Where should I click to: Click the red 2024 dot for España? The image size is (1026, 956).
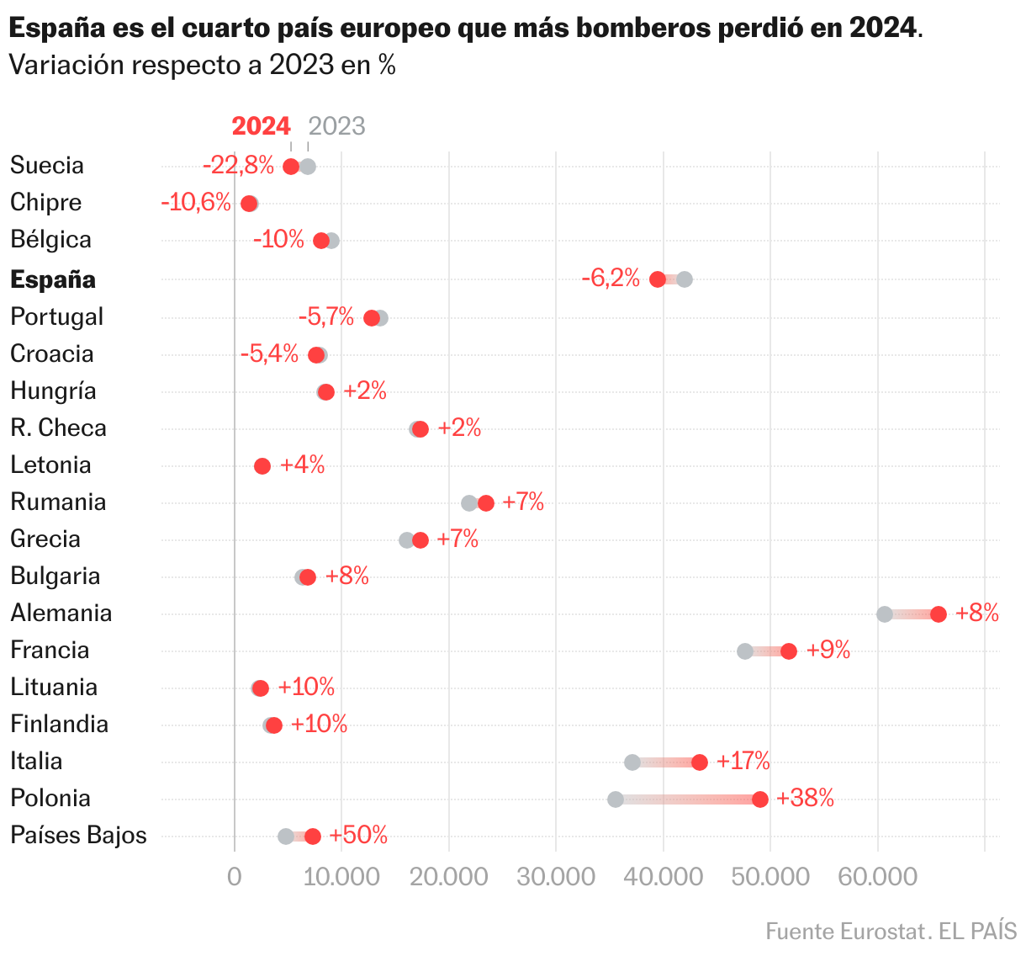pos(658,279)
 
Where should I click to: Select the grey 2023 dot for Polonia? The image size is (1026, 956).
pos(616,799)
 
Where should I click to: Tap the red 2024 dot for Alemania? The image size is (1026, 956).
pos(939,614)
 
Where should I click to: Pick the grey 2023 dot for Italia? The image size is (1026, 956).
pos(632,762)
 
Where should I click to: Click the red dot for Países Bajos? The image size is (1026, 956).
pos(313,836)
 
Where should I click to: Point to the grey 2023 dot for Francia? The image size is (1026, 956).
pos(745,651)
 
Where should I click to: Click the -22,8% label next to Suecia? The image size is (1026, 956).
pos(239,166)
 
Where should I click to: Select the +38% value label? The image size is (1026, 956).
pos(806,799)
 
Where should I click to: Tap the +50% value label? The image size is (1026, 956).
pos(358,836)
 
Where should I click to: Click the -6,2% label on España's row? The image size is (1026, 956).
pos(611,279)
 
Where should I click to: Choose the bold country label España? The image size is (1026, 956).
pos(53,280)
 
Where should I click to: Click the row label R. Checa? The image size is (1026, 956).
pos(58,428)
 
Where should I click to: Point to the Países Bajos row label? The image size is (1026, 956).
pos(78,836)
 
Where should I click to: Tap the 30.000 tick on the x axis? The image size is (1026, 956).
pos(556,878)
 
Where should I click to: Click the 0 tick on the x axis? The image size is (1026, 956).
pos(234,878)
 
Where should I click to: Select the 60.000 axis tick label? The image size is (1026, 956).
pos(877,878)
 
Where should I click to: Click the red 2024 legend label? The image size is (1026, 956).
pos(261,126)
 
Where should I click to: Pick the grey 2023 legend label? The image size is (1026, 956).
pos(336,126)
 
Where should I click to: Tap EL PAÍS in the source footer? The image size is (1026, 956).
pos(978,932)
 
